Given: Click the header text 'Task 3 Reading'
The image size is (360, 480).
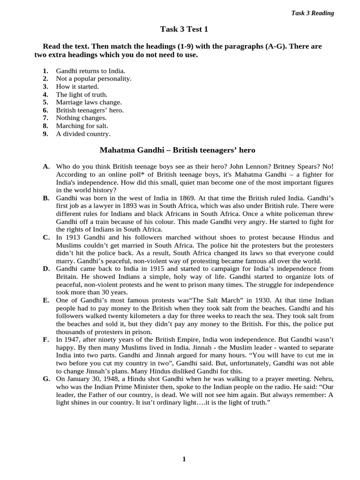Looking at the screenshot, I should [x=313, y=13].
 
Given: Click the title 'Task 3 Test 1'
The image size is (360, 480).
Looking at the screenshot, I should [x=184, y=30].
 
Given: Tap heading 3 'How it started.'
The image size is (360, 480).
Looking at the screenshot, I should [x=77, y=87].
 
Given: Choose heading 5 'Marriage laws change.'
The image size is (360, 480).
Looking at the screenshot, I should [x=89, y=102].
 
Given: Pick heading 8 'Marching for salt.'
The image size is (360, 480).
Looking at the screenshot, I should [x=82, y=126].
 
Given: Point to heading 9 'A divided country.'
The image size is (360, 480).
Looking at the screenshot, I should [x=83, y=134].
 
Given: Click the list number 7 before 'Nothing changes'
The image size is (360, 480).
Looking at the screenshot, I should [x=45, y=118].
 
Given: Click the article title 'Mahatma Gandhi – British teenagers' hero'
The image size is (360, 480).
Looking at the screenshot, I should [x=178, y=150].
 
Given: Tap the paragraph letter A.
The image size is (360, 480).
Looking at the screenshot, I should [x=46, y=167].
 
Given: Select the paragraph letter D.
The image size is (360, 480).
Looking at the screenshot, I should [x=46, y=269].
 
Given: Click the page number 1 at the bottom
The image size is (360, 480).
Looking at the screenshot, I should [x=184, y=459].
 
